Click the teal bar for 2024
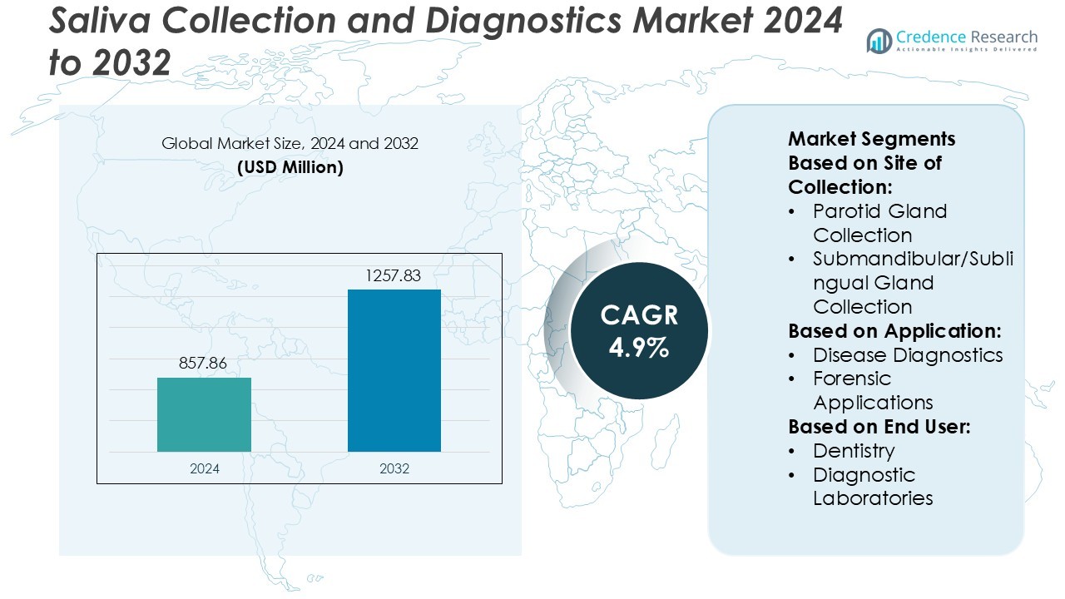point(204,414)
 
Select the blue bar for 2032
point(394,370)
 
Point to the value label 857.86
point(203,364)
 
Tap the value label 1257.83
point(394,275)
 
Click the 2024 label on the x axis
point(205,468)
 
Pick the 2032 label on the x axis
point(394,468)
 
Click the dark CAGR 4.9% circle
point(639,330)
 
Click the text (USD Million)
point(290,166)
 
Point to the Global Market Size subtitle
point(290,143)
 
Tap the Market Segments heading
point(871,138)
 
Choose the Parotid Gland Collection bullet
point(879,223)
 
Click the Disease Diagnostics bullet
point(908,354)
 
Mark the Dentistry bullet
point(854,451)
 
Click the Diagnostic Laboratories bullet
point(872,487)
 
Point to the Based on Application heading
point(894,330)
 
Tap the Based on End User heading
point(879,427)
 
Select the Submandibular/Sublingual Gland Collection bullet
point(913,283)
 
